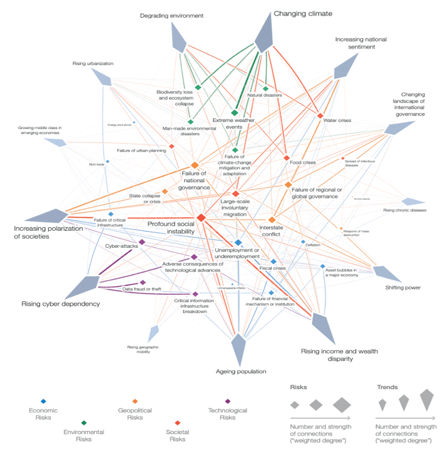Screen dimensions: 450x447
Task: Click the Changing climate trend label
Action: pyautogui.click(x=302, y=13)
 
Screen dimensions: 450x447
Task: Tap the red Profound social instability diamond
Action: pyautogui.click(x=201, y=217)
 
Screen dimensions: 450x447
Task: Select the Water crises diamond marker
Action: pyautogui.click(x=320, y=116)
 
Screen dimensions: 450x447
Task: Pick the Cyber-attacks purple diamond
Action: pyautogui.click(x=142, y=242)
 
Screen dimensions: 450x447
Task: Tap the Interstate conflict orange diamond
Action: pyautogui.click(x=272, y=219)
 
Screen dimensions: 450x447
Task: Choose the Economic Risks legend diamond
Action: pyautogui.click(x=43, y=401)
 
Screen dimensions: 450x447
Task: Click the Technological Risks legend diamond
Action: pyautogui.click(x=227, y=401)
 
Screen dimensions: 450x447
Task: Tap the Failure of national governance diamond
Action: pyautogui.click(x=195, y=165)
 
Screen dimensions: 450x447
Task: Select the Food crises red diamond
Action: pyautogui.click(x=286, y=158)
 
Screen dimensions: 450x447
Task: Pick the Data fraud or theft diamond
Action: pyautogui.click(x=143, y=283)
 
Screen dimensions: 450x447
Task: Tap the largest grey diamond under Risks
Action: pyautogui.click(x=342, y=404)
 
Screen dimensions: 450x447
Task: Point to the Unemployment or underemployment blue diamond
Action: pyautogui.click(x=238, y=242)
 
